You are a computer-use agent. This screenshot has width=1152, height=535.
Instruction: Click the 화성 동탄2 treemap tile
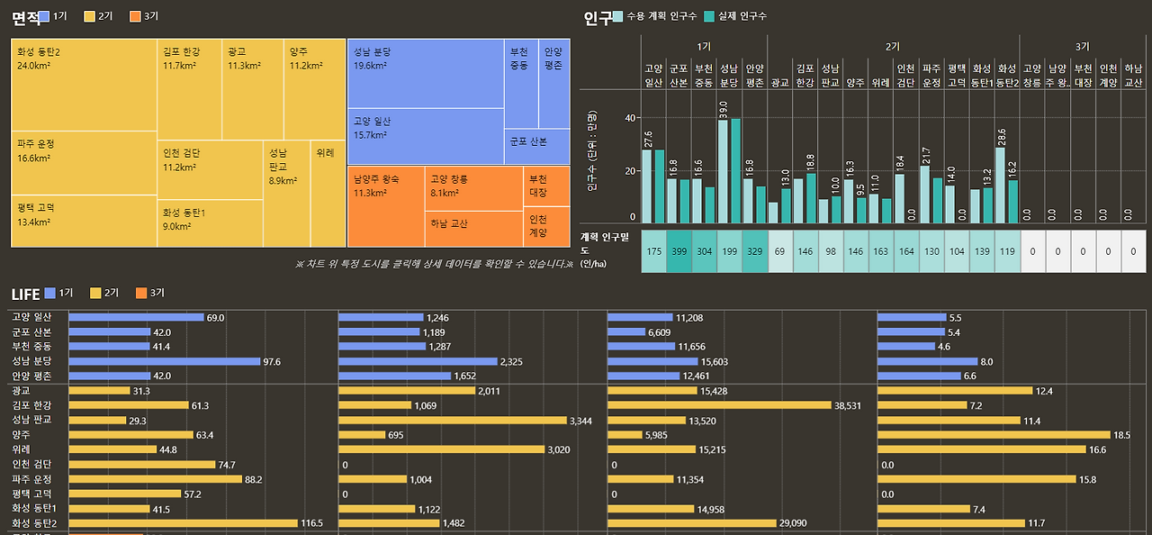[x=85, y=85]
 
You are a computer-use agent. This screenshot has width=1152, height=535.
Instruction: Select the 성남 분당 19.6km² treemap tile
[x=425, y=73]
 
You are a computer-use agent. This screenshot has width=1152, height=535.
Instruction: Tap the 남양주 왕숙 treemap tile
[x=385, y=206]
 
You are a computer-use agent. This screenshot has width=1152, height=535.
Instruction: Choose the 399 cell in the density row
[x=679, y=251]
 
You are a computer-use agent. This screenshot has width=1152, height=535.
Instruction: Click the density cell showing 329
[x=754, y=251]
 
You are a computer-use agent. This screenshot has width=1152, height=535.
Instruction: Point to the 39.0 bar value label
[x=723, y=110]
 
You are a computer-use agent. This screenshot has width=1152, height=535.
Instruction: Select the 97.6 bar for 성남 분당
[x=164, y=361]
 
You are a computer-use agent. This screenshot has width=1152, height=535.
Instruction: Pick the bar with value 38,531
[x=719, y=405]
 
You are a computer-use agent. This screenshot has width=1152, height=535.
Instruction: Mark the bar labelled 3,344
[x=453, y=421]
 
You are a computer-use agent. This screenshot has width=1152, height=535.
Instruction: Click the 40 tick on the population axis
[x=630, y=117]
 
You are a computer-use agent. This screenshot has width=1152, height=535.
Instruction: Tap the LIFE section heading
[x=25, y=294]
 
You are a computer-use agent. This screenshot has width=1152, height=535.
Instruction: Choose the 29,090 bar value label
[x=793, y=523]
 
